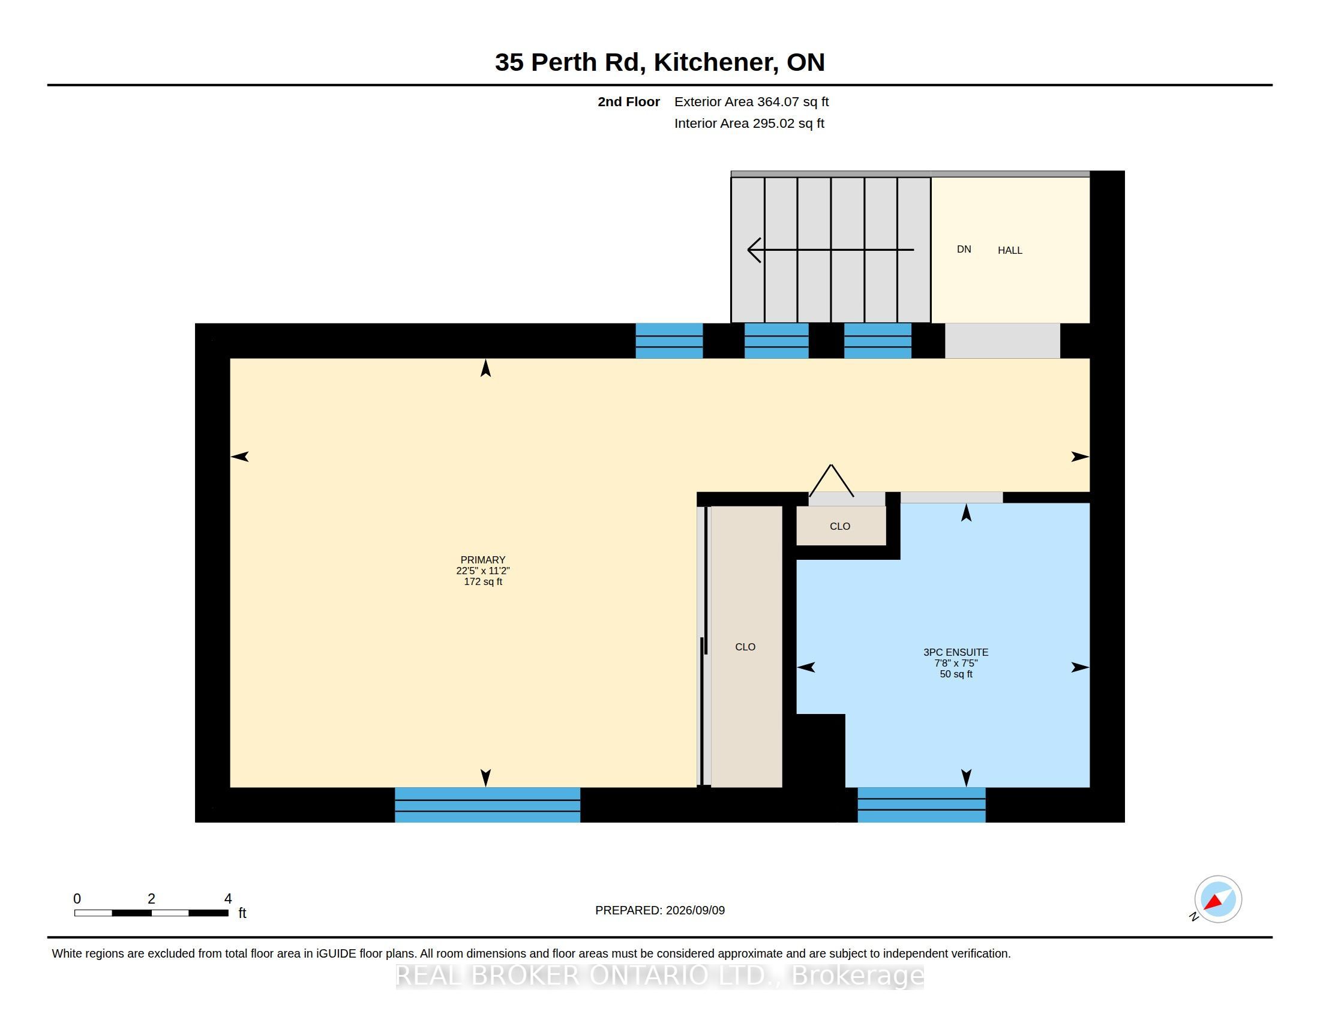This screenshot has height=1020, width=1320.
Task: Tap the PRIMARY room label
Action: pos(483,560)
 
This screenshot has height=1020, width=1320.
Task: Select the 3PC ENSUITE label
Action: pos(956,653)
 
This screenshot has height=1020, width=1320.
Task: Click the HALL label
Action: pos(1010,250)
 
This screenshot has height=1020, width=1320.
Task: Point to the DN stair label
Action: pos(964,250)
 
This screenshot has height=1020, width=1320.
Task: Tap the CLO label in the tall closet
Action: pos(745,647)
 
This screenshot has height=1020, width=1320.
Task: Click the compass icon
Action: pos(1217,899)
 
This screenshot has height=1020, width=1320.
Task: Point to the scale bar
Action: pos(151,913)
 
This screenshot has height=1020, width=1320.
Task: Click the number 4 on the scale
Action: pos(228,899)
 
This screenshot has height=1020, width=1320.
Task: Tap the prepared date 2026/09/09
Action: pos(694,911)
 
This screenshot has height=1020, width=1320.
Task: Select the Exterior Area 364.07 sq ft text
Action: pos(751,102)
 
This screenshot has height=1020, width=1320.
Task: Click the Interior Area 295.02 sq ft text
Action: pos(749,123)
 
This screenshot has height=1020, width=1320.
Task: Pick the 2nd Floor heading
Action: pos(629,102)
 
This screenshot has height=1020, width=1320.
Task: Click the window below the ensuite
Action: pos(922,805)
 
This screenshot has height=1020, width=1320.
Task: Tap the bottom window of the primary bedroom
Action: pos(488,805)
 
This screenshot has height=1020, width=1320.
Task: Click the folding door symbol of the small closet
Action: pos(831,481)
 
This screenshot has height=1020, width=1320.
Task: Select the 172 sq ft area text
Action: pos(483,582)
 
